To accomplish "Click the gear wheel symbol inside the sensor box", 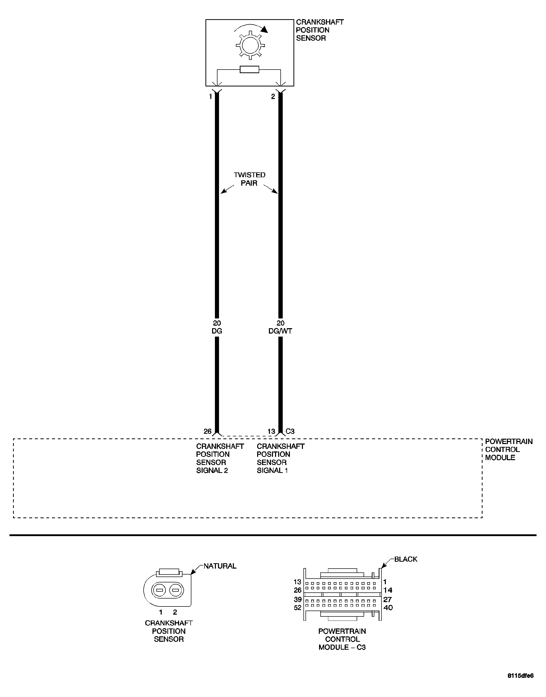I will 250,45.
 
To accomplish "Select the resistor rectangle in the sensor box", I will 249,69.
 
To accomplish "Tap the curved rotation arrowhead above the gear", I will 264,29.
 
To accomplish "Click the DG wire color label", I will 217,331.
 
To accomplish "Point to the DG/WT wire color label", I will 280,331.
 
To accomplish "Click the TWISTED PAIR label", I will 249,179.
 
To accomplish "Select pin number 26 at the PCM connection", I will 208,432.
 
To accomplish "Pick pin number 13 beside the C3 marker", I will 271,432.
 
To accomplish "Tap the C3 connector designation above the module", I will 290,432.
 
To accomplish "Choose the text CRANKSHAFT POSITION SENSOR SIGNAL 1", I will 280,458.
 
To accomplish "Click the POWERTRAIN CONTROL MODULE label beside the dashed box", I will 509,449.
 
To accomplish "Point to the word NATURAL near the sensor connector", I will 220,566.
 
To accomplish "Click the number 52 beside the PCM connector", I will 298,608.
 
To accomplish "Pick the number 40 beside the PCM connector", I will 388,608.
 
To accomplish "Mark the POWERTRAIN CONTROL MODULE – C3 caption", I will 342,639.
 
